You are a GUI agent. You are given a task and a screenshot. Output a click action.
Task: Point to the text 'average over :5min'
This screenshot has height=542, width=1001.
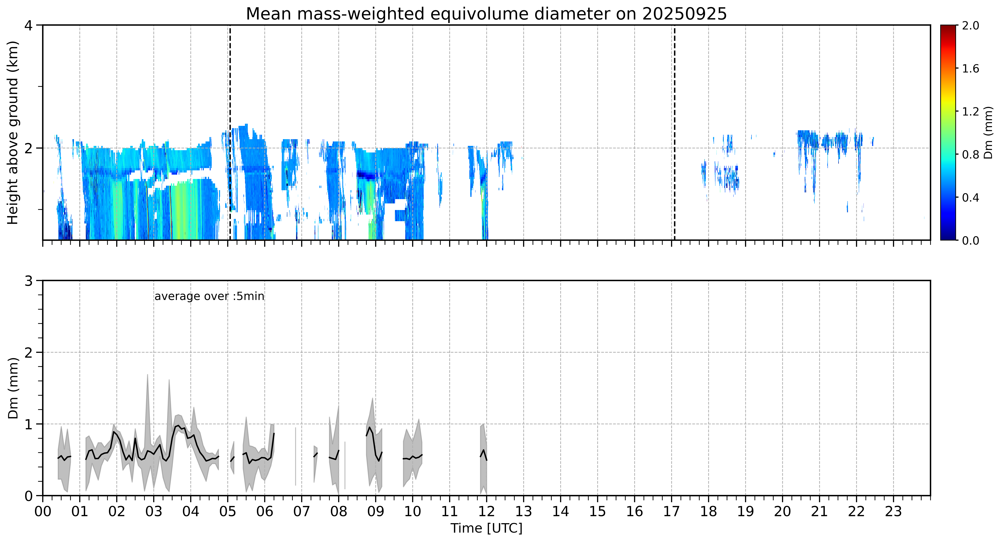[209, 296]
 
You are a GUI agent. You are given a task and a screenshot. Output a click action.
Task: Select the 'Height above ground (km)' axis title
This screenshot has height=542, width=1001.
[13, 133]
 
